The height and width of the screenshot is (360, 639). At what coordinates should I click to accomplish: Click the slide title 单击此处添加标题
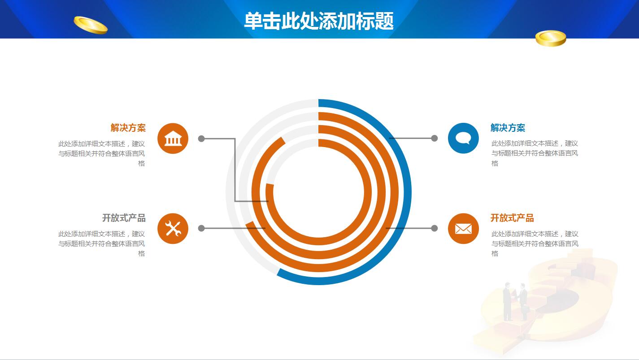(x=319, y=21)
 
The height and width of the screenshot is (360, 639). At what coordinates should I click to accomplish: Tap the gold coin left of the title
(x=91, y=25)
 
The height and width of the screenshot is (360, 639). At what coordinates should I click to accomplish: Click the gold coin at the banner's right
(x=551, y=38)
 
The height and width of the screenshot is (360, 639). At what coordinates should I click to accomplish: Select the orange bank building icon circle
(x=173, y=139)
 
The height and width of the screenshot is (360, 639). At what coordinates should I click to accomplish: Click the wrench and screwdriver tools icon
(x=173, y=229)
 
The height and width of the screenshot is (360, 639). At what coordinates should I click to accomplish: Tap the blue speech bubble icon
(x=463, y=138)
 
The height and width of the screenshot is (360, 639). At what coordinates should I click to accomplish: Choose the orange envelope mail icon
(x=463, y=229)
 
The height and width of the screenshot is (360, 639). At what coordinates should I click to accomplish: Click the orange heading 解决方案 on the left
(x=128, y=128)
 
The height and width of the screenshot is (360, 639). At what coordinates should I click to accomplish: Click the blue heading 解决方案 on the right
(x=508, y=128)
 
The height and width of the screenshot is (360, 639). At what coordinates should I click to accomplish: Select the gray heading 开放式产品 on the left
(x=124, y=218)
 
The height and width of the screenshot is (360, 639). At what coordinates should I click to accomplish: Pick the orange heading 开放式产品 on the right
(x=512, y=218)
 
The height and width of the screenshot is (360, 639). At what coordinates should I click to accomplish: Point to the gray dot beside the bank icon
(x=201, y=139)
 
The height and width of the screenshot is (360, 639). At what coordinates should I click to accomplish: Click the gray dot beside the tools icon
(x=201, y=228)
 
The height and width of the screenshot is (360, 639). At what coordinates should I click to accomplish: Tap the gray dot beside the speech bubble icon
(x=434, y=138)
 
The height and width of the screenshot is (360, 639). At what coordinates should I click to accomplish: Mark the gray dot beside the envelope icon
(x=434, y=228)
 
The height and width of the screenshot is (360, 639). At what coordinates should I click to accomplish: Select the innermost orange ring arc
(x=361, y=193)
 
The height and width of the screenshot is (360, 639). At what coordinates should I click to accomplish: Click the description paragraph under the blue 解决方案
(x=535, y=153)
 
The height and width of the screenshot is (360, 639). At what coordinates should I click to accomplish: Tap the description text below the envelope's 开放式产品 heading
(x=535, y=243)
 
